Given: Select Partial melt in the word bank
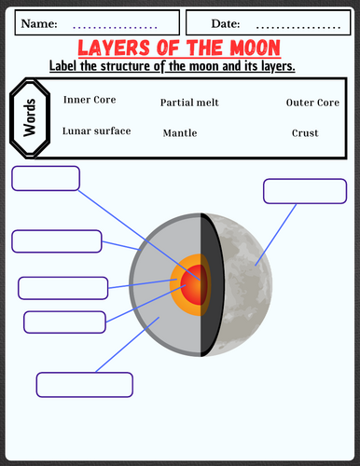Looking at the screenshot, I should click(x=189, y=102).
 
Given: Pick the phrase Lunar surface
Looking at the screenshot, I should click(x=96, y=131).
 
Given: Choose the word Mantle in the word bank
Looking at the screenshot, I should click(x=179, y=133).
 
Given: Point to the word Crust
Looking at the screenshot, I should click(x=305, y=133).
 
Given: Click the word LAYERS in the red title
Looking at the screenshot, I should click(x=114, y=48).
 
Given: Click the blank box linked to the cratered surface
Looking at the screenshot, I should click(x=304, y=191).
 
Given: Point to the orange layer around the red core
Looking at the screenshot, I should click(x=179, y=280).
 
